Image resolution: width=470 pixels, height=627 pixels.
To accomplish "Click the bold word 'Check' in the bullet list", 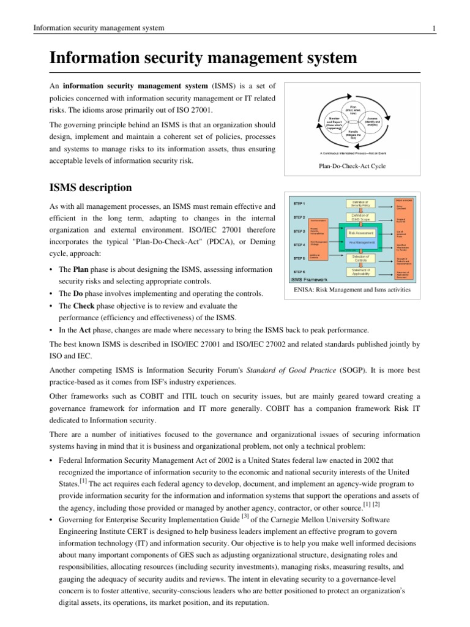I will (x=83, y=306).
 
